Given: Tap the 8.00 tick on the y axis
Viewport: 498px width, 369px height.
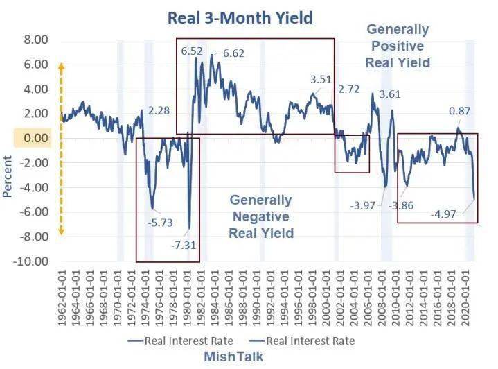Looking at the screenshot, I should tap(34, 40).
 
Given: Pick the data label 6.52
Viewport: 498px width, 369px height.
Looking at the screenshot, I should tap(192, 51).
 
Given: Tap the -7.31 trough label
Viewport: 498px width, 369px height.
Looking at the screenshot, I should tap(184, 246).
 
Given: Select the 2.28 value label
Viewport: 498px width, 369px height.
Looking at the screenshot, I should tap(159, 110).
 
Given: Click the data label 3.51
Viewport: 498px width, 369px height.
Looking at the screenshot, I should tap(321, 79).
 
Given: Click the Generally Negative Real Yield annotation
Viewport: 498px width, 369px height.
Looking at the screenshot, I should tap(261, 216).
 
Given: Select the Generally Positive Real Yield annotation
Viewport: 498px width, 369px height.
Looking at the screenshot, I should tap(398, 46).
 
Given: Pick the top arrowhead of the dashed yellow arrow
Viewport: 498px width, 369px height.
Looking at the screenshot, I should tap(60, 66).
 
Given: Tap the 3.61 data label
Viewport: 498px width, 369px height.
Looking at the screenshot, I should tap(391, 94).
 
